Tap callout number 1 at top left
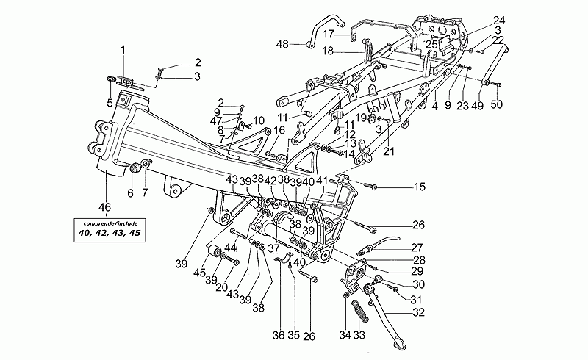tap(123, 49)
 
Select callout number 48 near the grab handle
tap(283, 45)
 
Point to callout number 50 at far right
tap(497, 104)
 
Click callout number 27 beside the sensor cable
tap(417, 247)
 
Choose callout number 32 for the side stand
tap(418, 312)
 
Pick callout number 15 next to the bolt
tap(419, 187)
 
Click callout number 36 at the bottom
tap(278, 336)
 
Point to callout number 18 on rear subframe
tap(328, 51)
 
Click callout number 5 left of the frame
tap(110, 102)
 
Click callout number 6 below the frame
tap(130, 193)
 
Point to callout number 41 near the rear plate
tap(321, 180)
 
